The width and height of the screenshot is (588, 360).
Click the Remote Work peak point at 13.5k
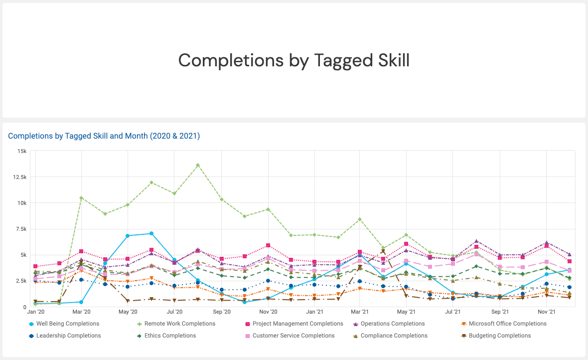[198, 165]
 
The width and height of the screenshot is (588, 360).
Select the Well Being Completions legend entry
[67, 324]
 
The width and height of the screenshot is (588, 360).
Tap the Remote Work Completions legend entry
[179, 324]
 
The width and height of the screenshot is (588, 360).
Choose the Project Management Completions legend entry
[297, 324]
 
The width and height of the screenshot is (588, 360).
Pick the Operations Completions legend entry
[393, 324]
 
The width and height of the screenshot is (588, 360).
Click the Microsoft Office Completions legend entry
[507, 324]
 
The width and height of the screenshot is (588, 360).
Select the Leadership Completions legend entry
[68, 336]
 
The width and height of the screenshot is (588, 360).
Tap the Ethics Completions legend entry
[170, 336]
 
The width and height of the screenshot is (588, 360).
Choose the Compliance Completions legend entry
[394, 336]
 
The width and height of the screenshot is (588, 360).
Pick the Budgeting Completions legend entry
[500, 336]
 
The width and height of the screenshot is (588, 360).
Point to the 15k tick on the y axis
[22, 151]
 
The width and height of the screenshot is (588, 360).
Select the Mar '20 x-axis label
[81, 312]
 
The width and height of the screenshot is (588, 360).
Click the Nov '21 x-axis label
[547, 312]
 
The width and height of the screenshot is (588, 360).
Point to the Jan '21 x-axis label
[314, 312]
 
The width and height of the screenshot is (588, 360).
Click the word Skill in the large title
[386, 60]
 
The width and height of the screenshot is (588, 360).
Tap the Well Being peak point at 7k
[151, 233]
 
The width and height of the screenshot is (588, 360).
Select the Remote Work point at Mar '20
[81, 198]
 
